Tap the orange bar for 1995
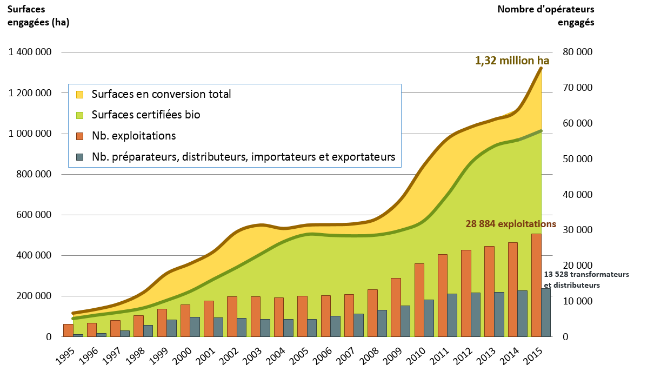click(x=68, y=330)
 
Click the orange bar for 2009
click(x=396, y=307)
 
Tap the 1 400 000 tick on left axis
click(x=30, y=52)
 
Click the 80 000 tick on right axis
click(x=578, y=52)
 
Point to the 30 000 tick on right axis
click(x=578, y=230)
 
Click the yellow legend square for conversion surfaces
click(x=80, y=94)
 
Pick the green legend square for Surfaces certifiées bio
click(x=80, y=115)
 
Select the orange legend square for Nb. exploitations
click(x=80, y=136)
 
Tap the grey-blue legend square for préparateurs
click(x=80, y=157)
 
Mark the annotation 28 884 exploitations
click(x=511, y=223)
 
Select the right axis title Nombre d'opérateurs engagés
click(x=545, y=16)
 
